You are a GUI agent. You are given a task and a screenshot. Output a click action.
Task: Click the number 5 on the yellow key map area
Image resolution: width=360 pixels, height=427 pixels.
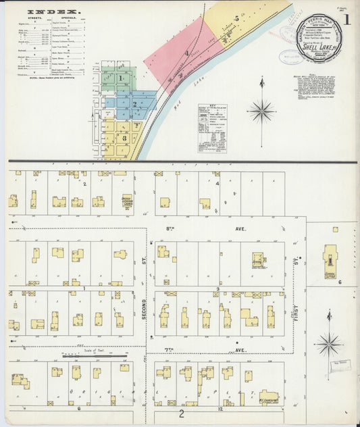tap(236, 18)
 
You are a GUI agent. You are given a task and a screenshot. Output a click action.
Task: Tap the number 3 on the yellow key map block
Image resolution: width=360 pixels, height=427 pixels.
tap(124, 137)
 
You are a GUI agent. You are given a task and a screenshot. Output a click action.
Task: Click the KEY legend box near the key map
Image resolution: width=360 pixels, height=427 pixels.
tap(212, 128)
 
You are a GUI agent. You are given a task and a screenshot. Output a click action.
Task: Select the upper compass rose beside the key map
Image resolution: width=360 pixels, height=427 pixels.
tap(261, 109)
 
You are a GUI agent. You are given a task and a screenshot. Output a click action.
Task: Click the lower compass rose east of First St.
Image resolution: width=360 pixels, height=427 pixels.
tap(329, 343)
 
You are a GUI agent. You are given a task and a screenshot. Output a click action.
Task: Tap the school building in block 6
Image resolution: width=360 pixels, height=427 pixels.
tap(330, 259)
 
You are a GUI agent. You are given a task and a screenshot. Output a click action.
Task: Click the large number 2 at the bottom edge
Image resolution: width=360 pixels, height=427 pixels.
tap(181, 413)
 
